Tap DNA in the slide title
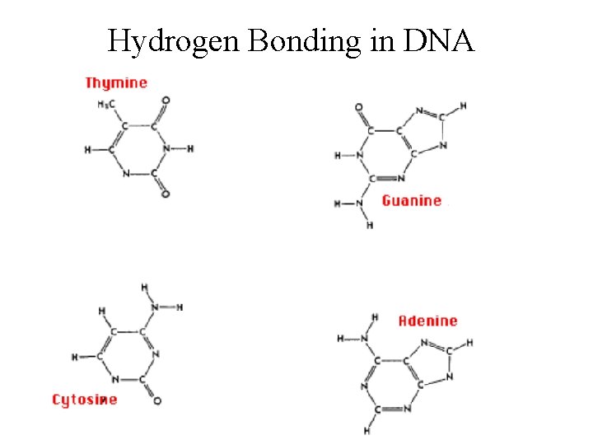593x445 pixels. [438, 40]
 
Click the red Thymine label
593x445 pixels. [116, 82]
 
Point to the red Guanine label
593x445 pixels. [412, 200]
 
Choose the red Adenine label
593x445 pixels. [427, 321]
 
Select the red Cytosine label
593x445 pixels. [84, 400]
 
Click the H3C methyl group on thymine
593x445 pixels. [106, 104]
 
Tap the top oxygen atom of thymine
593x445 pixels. [166, 101]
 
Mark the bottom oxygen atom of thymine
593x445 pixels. [166, 194]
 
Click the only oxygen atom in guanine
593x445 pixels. [358, 107]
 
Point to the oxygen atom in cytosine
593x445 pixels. [156, 401]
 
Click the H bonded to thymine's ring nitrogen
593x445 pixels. [190, 149]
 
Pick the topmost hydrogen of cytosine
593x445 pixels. [144, 287]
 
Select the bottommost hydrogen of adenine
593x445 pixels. [367, 430]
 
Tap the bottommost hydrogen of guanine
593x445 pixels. [370, 225]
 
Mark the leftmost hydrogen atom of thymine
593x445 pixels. [87, 150]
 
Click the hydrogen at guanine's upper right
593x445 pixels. [463, 105]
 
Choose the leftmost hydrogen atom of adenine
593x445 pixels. [340, 338]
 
